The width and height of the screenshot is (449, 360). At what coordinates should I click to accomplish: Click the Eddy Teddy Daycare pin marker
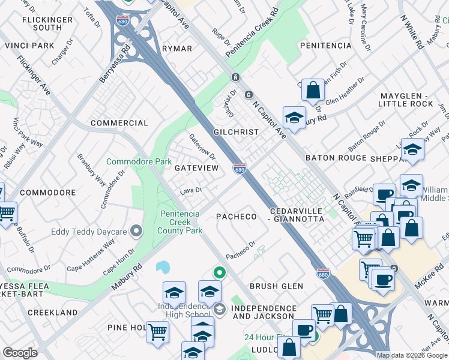136,231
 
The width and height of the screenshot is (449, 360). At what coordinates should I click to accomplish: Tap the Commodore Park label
139,161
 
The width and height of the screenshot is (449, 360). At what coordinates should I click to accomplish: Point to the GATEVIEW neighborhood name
196,168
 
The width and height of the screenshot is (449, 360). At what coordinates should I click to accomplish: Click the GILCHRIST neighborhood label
236,132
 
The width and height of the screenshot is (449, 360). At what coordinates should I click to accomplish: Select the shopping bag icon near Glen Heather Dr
313,91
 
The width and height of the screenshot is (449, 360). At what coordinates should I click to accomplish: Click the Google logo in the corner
20,353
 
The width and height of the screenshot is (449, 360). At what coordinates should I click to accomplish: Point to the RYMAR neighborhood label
177,49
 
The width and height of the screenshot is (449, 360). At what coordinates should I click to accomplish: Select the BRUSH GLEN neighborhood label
277,286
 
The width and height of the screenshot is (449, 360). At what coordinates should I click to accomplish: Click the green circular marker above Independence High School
220,273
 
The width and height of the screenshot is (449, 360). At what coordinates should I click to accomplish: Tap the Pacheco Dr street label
241,250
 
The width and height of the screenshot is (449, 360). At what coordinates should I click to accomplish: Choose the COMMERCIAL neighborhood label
119,123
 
